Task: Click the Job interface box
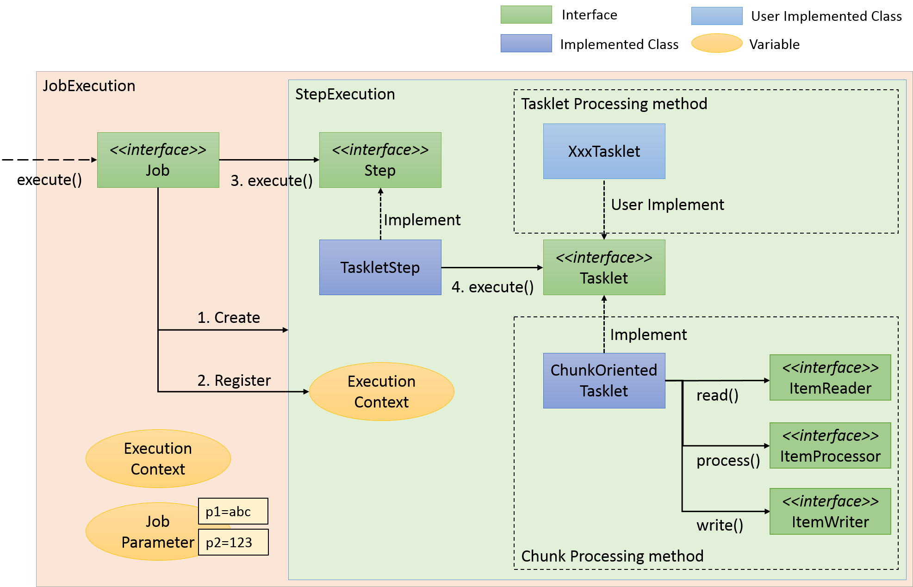(158, 160)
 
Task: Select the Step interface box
(380, 160)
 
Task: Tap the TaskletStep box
(380, 267)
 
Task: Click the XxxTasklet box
(604, 151)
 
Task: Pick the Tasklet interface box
(604, 267)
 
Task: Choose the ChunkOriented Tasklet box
(604, 381)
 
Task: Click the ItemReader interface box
(830, 377)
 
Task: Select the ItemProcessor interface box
(830, 445)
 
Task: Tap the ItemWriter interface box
(830, 511)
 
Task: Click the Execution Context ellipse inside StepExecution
(381, 391)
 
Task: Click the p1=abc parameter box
(233, 511)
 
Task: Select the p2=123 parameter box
(233, 542)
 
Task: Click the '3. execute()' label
(272, 180)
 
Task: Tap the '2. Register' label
(234, 380)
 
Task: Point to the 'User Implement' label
(667, 204)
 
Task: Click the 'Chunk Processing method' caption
(612, 556)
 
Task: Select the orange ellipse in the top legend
(716, 43)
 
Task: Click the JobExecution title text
(89, 86)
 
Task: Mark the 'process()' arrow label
(728, 460)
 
